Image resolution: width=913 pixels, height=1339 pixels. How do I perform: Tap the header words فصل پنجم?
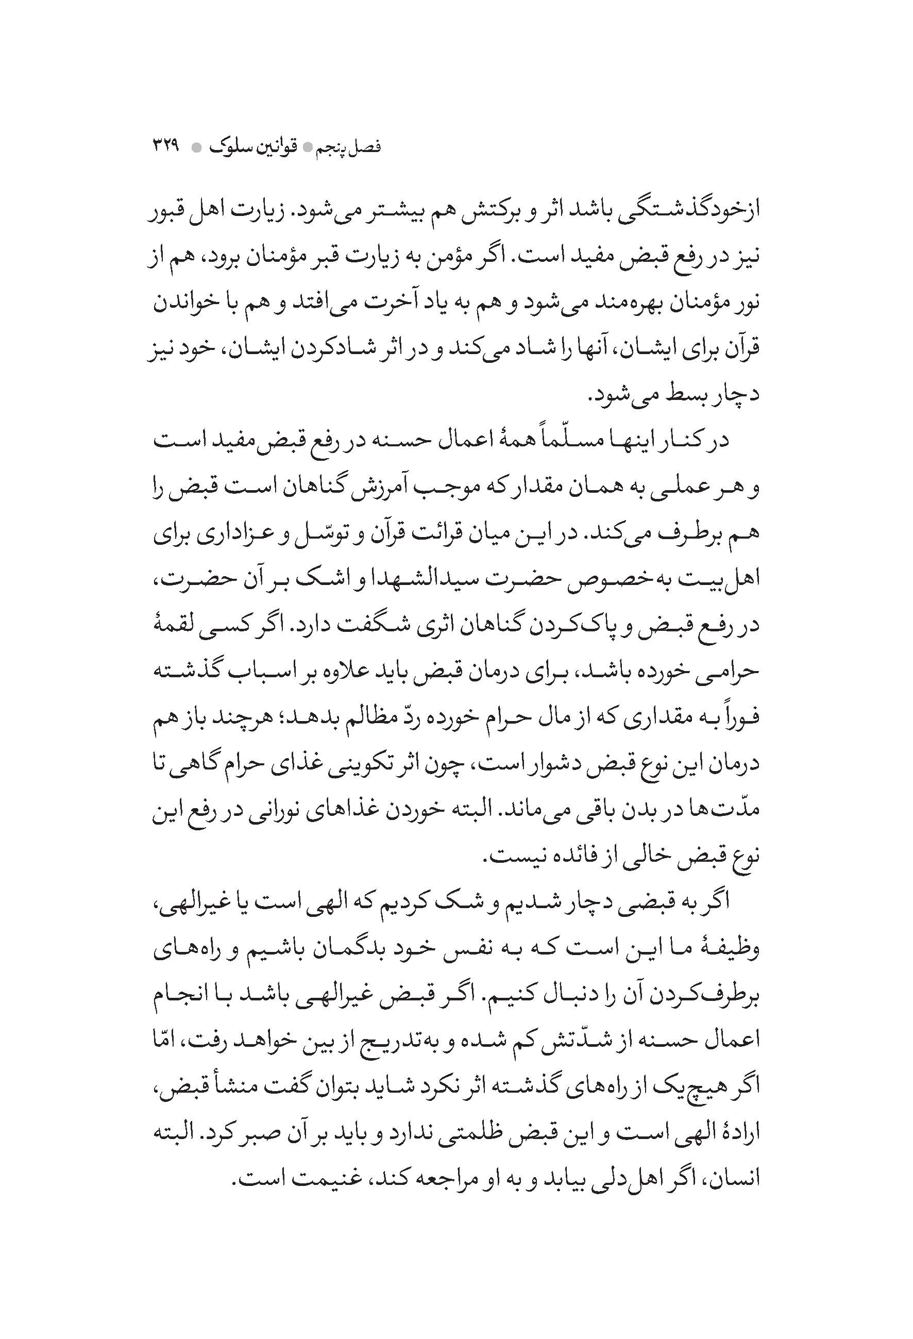pos(350,147)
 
